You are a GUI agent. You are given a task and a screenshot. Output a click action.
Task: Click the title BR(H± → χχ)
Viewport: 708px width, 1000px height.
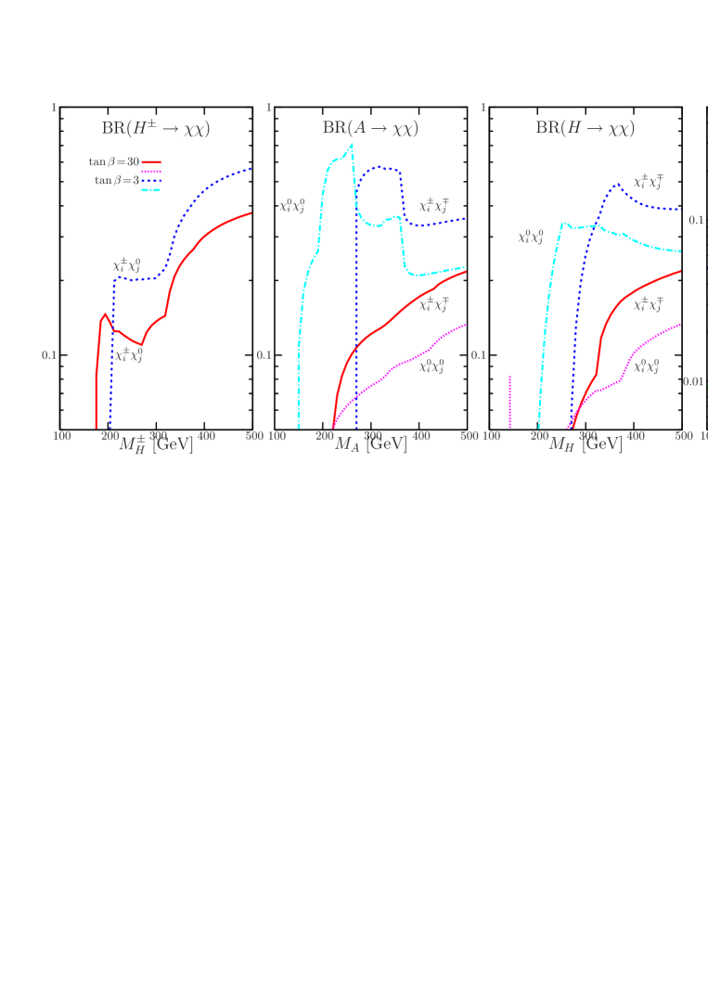click(x=156, y=129)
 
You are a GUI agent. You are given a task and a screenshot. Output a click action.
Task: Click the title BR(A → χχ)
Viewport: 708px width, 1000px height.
click(x=370, y=129)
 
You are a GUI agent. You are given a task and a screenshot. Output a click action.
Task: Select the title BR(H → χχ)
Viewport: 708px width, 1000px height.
click(x=585, y=129)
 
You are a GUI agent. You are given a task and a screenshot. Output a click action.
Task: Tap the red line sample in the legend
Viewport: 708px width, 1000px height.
click(x=151, y=161)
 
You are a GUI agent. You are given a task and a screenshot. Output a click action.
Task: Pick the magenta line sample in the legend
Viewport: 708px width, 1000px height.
click(x=151, y=172)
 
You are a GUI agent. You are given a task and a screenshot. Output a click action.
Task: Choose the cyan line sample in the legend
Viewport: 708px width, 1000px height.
click(x=151, y=190)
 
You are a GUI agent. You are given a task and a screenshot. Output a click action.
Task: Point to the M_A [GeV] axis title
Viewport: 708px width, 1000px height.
click(x=370, y=444)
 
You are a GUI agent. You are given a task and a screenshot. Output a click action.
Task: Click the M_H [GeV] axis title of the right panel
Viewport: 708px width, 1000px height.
click(x=585, y=444)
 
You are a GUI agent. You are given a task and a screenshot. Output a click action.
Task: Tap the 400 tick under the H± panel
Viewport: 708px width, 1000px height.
click(x=206, y=435)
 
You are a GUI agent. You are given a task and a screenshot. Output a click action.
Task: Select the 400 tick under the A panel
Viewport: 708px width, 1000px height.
click(x=420, y=435)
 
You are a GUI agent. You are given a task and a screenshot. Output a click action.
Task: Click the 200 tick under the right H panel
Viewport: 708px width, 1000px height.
click(x=539, y=435)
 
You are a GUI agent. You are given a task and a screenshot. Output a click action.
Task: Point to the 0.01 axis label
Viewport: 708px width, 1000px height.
click(x=693, y=381)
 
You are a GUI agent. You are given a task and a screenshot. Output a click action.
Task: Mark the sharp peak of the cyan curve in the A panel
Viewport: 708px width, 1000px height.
click(x=352, y=145)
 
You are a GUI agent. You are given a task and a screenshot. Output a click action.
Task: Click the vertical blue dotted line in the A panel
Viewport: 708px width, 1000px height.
click(x=355, y=325)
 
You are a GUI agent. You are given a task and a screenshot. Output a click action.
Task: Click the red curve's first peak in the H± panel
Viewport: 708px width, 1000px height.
click(x=106, y=314)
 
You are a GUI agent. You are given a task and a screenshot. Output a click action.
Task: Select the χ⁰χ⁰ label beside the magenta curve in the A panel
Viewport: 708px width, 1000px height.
click(x=431, y=366)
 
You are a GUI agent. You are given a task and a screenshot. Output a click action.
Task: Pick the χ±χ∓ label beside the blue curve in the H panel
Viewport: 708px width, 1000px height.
click(x=647, y=182)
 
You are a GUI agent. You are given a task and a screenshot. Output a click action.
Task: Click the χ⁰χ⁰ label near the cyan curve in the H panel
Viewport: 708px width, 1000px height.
click(x=530, y=237)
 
